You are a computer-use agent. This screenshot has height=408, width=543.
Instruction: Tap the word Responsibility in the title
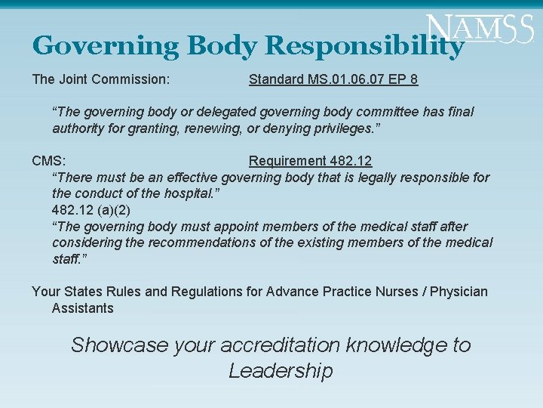[364, 47]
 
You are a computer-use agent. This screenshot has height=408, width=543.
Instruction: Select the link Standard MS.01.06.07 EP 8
[333, 79]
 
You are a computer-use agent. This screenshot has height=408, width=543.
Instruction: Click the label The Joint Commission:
[100, 79]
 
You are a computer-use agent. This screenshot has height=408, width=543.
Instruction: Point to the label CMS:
[48, 161]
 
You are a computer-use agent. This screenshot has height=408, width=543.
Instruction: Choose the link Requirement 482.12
[310, 161]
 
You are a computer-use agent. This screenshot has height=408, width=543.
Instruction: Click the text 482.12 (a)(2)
[91, 210]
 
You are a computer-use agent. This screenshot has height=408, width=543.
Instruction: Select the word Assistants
[82, 308]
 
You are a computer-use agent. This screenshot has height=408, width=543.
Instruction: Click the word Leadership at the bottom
[280, 371]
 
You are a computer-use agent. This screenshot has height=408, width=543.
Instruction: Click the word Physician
[459, 292]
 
